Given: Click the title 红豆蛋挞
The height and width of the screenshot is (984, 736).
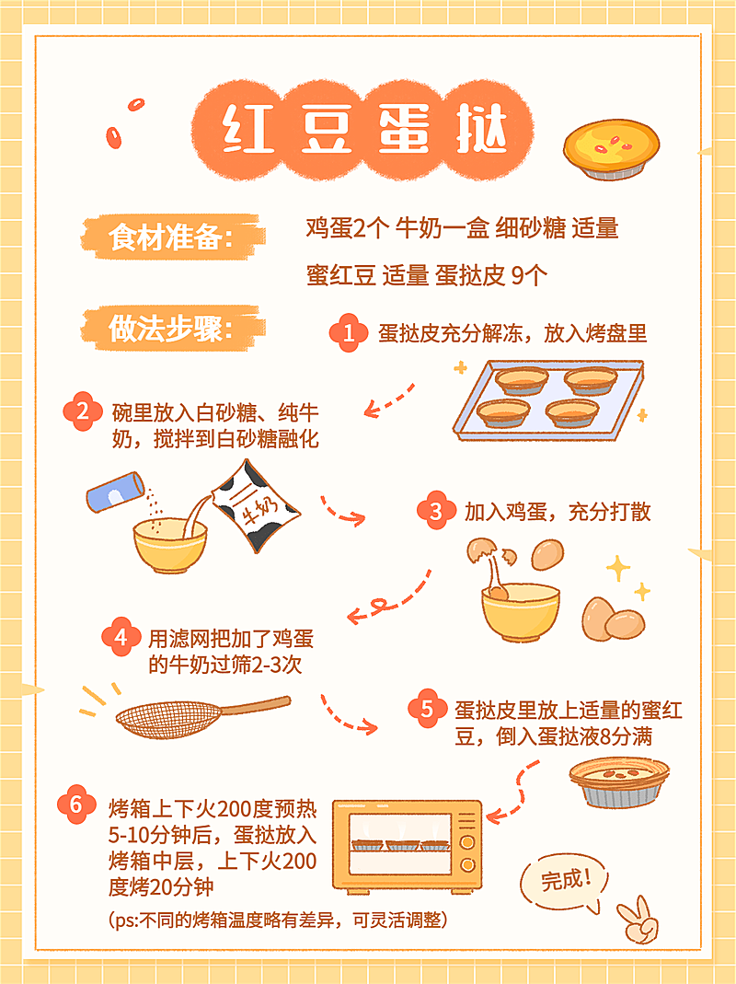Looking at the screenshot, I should pyautogui.click(x=364, y=130).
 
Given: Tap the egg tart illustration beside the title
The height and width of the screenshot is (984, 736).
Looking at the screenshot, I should pyautogui.click(x=606, y=151).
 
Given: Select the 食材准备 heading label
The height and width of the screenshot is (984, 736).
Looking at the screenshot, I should pyautogui.click(x=169, y=237).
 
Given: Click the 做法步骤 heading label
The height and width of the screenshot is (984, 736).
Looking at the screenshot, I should pyautogui.click(x=169, y=329).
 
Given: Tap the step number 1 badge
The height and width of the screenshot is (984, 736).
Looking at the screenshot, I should pyautogui.click(x=348, y=333).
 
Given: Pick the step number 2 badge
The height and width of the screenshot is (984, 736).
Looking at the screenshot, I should pyautogui.click(x=82, y=411).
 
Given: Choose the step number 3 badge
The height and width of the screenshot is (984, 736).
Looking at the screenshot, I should pyautogui.click(x=435, y=512).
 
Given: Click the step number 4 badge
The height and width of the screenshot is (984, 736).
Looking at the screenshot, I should pyautogui.click(x=121, y=639).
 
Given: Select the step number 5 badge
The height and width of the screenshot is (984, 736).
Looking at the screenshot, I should pyautogui.click(x=426, y=709).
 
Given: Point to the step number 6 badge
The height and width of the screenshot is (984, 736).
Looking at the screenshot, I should pyautogui.click(x=75, y=804).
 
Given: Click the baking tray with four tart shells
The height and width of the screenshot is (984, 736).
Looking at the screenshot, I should pyautogui.click(x=546, y=397).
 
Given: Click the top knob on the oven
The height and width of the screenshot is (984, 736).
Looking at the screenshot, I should pyautogui.click(x=467, y=817).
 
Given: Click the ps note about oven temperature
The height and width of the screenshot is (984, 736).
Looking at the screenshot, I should pyautogui.click(x=277, y=920).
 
